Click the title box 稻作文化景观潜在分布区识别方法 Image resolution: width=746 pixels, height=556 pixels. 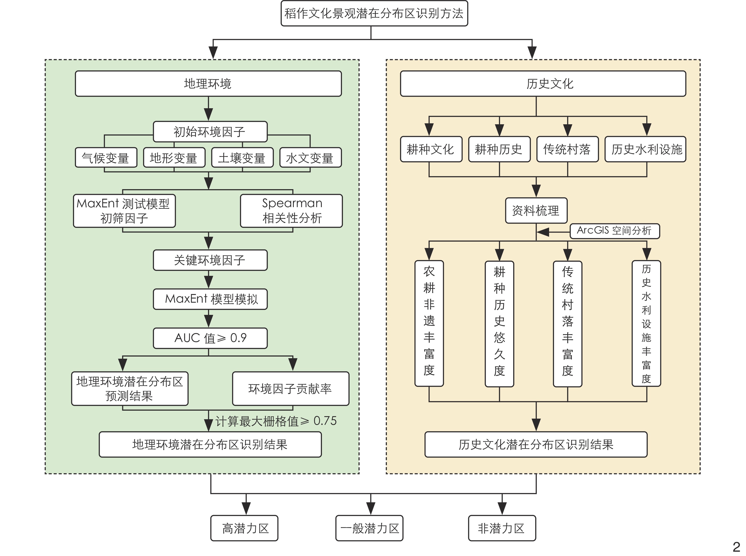(374, 13)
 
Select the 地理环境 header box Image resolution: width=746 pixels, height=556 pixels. (208, 84)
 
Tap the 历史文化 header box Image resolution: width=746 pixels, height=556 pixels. (543, 84)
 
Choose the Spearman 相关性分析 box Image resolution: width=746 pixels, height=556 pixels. (291, 211)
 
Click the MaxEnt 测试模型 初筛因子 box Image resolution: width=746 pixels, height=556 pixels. (124, 211)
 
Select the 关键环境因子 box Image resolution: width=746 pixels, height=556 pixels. (210, 260)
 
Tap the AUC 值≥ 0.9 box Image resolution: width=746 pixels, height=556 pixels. (210, 338)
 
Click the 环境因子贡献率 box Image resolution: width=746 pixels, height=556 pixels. (290, 388)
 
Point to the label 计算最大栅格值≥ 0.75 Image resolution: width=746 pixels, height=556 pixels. (276, 421)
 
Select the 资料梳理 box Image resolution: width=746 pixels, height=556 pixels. (536, 211)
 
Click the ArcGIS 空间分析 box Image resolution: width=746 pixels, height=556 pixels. (614, 231)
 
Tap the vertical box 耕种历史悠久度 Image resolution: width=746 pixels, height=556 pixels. (499, 324)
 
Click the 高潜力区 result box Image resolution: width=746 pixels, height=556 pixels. (244, 528)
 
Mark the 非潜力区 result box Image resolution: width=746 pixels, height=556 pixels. (501, 528)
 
